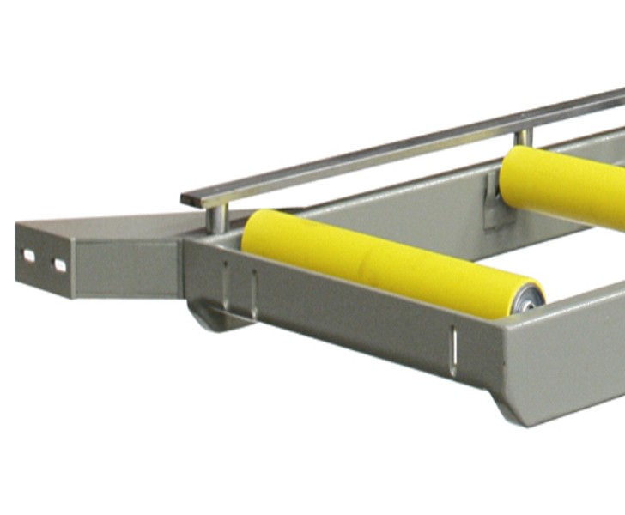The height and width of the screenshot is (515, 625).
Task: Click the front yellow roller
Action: coord(386,262)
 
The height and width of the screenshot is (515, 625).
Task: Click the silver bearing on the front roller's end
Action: coord(529,300)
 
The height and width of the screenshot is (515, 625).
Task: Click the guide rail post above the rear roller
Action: coord(523,136)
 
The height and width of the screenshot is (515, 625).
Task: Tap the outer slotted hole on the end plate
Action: coord(28,256)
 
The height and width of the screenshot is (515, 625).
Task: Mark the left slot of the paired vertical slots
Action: coord(225,280)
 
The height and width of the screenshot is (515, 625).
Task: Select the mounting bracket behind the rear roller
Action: coord(497,203)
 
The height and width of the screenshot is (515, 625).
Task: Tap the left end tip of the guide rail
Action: coord(185,200)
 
